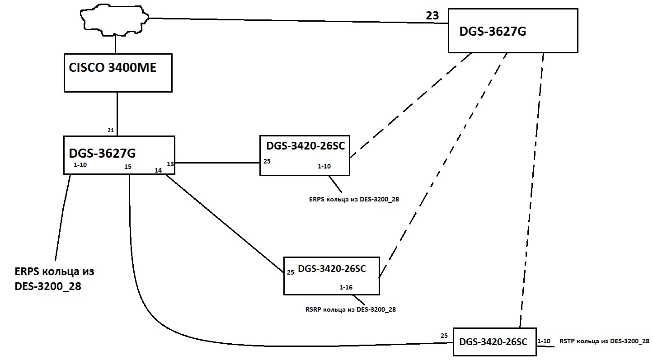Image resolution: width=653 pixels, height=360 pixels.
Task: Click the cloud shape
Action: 115,20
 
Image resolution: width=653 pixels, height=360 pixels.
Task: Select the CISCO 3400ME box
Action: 118,72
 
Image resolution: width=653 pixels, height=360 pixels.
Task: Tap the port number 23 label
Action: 432,16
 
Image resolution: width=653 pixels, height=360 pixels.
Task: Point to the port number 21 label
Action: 111,130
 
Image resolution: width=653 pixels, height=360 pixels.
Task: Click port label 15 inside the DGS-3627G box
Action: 128,167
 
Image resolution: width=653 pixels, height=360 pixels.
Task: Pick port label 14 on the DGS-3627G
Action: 158,170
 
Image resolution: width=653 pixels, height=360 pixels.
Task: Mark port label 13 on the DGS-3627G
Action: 170,164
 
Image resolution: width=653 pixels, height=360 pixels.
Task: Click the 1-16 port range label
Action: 346,287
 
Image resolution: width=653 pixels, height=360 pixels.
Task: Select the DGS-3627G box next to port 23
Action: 513,30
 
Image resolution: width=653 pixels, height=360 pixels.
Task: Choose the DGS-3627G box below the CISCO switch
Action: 119,154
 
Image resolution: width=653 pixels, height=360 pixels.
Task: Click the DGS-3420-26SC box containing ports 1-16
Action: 331,276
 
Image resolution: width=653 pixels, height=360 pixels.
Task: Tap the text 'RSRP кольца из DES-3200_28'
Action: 351,309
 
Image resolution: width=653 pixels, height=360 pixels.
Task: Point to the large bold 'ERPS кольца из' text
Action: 54,272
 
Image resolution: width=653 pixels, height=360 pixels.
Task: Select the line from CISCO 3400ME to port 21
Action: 117,113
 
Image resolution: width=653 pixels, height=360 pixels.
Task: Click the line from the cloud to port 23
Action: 294,21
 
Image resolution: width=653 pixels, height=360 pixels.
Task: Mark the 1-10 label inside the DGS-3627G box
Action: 80,165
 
